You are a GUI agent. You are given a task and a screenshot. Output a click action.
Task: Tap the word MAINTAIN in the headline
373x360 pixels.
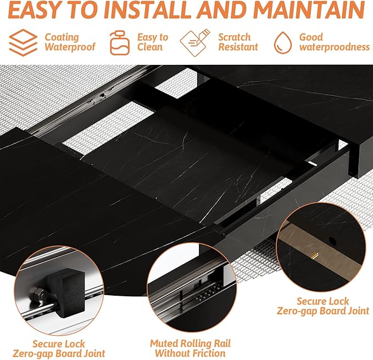[x=309, y=10]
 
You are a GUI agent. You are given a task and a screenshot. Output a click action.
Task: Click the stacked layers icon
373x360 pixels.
[x=23, y=42]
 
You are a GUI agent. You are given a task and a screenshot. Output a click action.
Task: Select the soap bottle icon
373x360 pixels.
[x=120, y=42]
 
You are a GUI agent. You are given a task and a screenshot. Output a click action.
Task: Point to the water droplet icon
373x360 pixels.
[x=283, y=42]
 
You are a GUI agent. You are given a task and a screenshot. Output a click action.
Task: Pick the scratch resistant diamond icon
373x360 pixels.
[x=195, y=42]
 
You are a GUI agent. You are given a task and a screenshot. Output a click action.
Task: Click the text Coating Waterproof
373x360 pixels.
[x=70, y=42]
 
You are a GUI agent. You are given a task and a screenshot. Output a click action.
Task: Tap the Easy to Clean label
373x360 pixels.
[x=153, y=42]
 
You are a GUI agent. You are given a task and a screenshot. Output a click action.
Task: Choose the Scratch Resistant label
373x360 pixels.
[x=238, y=42]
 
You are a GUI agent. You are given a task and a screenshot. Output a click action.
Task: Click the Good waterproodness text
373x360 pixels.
[x=334, y=42]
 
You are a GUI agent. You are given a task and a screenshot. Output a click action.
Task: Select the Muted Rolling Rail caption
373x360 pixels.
[x=190, y=348]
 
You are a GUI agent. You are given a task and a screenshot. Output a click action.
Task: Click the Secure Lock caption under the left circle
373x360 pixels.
[x=59, y=348]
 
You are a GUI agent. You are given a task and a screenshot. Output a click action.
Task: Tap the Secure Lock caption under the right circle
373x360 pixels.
[x=323, y=306]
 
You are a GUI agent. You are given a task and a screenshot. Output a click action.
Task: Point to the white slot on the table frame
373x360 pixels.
[x=313, y=163]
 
